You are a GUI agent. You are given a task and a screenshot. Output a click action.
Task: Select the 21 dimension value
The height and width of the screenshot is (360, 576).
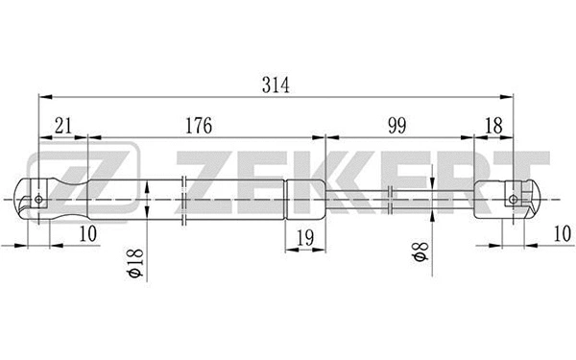point(61,126)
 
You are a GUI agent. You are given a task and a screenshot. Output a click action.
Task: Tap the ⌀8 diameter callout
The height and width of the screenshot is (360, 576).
point(418,257)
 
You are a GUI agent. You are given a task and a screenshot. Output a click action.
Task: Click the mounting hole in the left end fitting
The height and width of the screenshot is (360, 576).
point(39,200)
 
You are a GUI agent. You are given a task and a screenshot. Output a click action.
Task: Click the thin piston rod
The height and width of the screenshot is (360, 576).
point(403,200)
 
